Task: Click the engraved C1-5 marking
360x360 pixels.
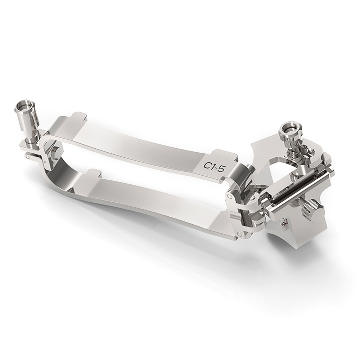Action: (213, 166)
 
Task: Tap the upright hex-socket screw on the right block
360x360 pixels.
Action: (290, 135)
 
